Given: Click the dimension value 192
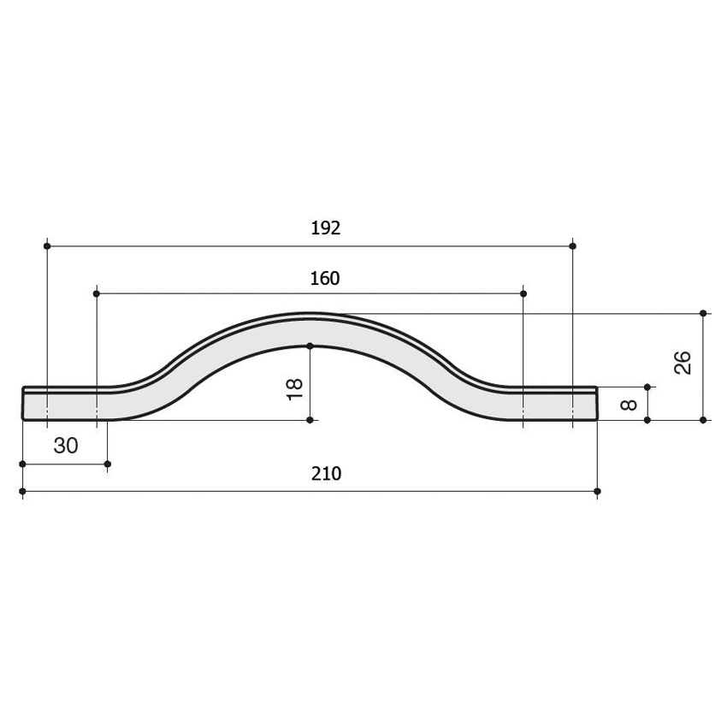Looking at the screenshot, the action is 326,228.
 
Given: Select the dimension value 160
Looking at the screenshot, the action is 324,278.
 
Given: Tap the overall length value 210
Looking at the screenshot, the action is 326,473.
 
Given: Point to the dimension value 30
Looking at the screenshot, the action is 66,446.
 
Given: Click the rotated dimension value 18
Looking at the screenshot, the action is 295,389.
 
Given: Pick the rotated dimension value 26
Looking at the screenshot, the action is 683,363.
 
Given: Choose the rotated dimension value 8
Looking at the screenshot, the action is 629,405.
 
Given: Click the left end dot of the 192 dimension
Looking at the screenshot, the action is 47,245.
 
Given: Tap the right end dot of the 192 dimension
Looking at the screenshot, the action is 572,245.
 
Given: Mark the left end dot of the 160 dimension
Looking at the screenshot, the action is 97,293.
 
